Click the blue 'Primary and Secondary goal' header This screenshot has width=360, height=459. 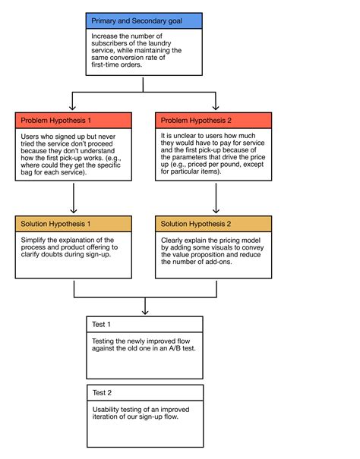144,20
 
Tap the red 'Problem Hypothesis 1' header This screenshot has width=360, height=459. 73,120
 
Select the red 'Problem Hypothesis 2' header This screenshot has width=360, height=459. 214,120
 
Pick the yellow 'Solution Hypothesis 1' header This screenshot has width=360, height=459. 73,224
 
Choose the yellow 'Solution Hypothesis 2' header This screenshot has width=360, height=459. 214,224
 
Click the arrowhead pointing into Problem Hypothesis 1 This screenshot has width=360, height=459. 73,108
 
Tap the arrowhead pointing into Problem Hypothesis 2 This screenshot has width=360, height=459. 216,108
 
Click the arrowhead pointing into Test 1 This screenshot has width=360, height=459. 144,311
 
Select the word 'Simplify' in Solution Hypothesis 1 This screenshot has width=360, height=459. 34,240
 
